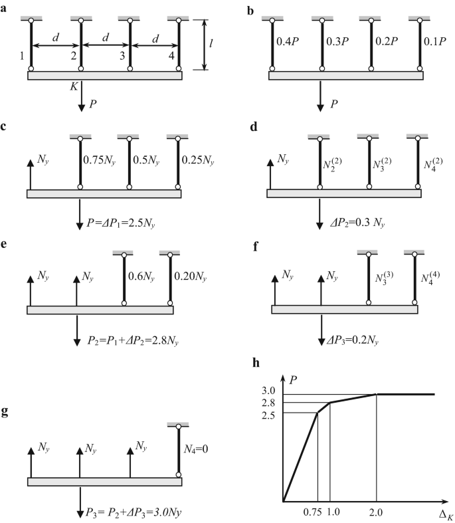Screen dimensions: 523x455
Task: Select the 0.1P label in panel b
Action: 435,41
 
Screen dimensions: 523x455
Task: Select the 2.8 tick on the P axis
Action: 270,403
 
